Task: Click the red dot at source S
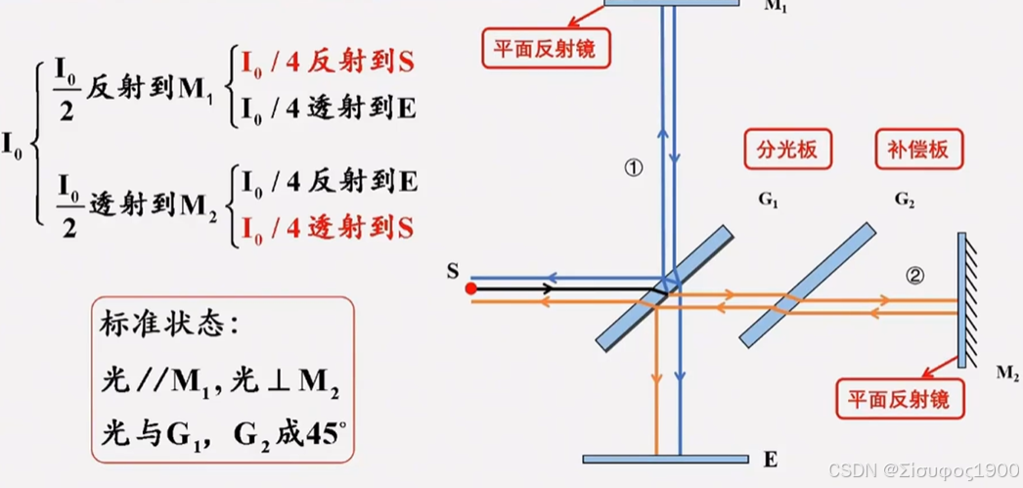(470, 288)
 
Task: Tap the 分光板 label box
(787, 151)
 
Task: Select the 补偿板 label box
(918, 151)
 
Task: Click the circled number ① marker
(633, 168)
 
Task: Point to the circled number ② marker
(914, 276)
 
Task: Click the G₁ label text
(768, 200)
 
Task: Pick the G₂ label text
(905, 200)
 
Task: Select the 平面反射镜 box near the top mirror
(546, 46)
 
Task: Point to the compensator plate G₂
(807, 285)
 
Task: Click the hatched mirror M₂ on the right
(963, 299)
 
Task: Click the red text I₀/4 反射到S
(327, 63)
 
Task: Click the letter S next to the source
(452, 271)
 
